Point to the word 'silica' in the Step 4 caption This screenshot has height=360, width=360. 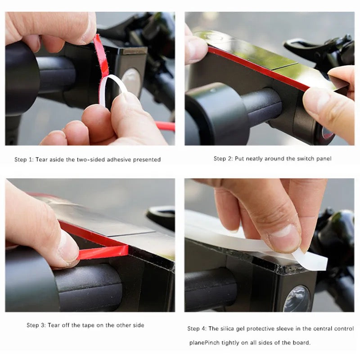pos(228,329)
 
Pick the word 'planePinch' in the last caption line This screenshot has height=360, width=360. pos(204,343)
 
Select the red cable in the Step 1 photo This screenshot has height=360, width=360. pos(165,126)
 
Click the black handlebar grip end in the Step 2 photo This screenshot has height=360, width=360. pos(216,115)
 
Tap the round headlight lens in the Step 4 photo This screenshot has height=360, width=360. pos(297,298)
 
